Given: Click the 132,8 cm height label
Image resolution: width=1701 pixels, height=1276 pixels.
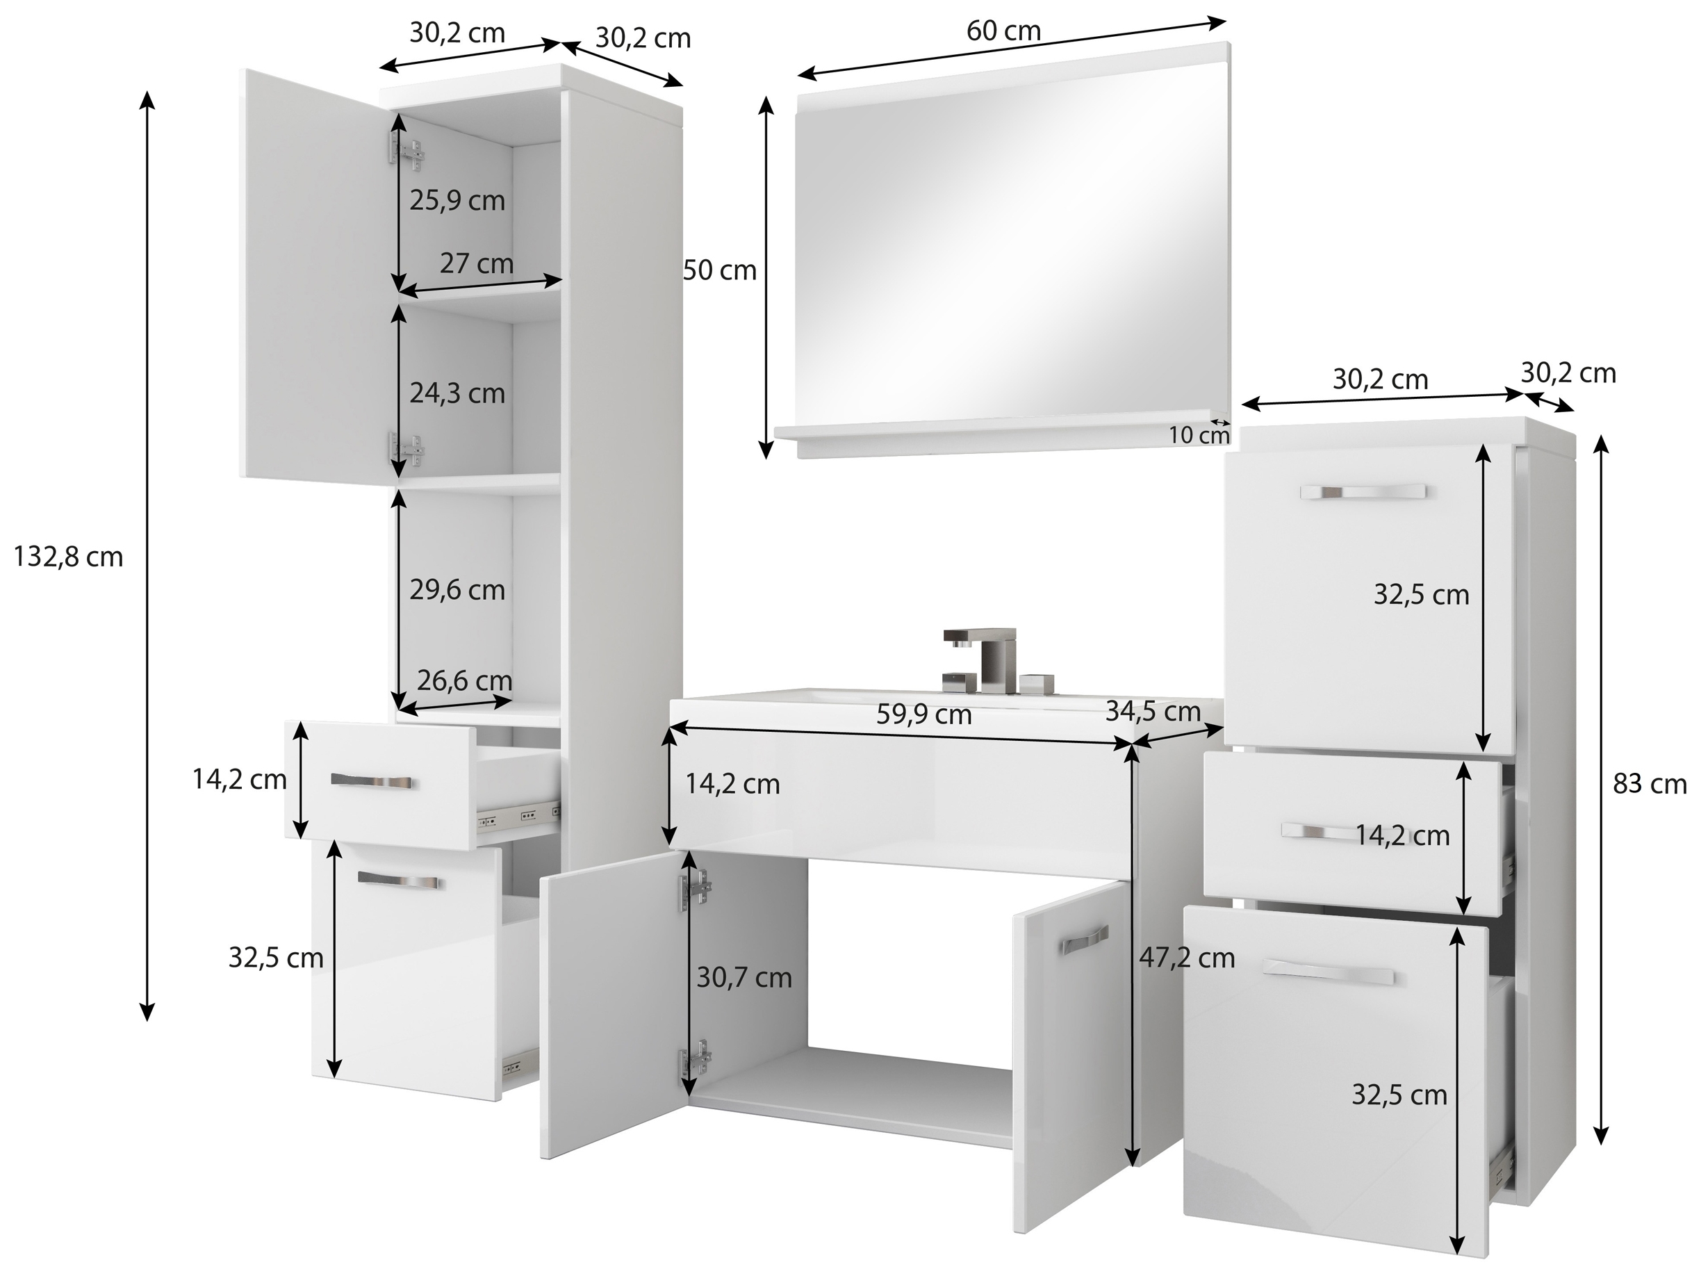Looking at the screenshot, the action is tap(68, 556).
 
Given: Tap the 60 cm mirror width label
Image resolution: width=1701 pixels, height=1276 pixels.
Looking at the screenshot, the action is tap(1003, 31).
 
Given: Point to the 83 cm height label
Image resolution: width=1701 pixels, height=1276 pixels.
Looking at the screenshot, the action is tap(1650, 784).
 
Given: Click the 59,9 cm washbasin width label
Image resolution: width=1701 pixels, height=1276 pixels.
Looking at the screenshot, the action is tap(924, 714).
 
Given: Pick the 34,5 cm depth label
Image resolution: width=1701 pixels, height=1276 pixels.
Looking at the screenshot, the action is tap(1153, 712).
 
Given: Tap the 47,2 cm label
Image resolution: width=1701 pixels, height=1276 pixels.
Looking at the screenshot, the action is tap(1188, 958).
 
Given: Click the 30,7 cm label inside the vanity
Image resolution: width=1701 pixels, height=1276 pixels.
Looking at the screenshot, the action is tap(743, 978).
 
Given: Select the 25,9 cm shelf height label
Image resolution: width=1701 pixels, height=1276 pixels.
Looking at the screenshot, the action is tap(457, 200).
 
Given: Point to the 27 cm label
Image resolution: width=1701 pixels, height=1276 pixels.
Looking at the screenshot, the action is tap(476, 263).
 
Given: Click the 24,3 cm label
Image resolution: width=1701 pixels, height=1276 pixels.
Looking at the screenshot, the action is tap(457, 393).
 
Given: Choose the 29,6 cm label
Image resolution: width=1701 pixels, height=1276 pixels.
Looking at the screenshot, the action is tap(457, 590).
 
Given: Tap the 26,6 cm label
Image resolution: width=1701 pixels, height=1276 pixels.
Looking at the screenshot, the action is tap(463, 680).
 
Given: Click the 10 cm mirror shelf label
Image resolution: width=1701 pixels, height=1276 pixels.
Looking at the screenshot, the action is tap(1199, 434).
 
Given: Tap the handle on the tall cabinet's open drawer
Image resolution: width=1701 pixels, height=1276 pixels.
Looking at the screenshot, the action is tap(372, 781).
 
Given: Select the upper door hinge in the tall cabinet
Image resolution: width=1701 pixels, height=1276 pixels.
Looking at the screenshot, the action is tap(406, 152).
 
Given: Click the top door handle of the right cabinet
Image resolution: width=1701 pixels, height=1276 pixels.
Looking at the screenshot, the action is tap(1363, 492).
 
